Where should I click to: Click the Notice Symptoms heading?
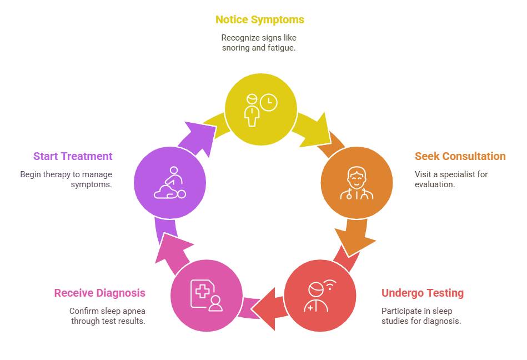260,20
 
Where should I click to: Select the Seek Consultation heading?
460,156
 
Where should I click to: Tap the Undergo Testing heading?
423,293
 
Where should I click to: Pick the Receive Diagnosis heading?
100,293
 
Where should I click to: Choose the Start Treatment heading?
73,156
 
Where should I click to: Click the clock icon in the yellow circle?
269,102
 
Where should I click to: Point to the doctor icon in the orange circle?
357,183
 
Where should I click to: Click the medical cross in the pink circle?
203,291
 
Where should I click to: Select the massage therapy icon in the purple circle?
170,183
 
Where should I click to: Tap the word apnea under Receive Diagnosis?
133,311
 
